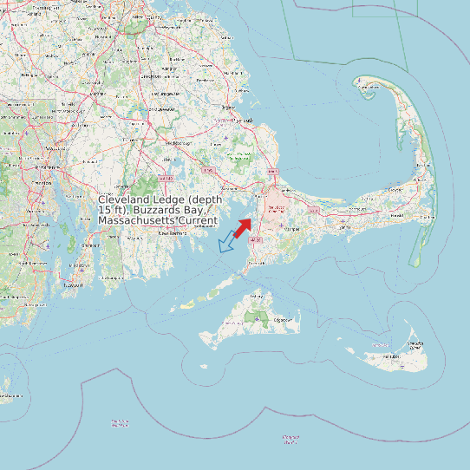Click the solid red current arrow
point(243,226)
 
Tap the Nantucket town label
point(393,356)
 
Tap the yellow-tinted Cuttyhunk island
point(185,306)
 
